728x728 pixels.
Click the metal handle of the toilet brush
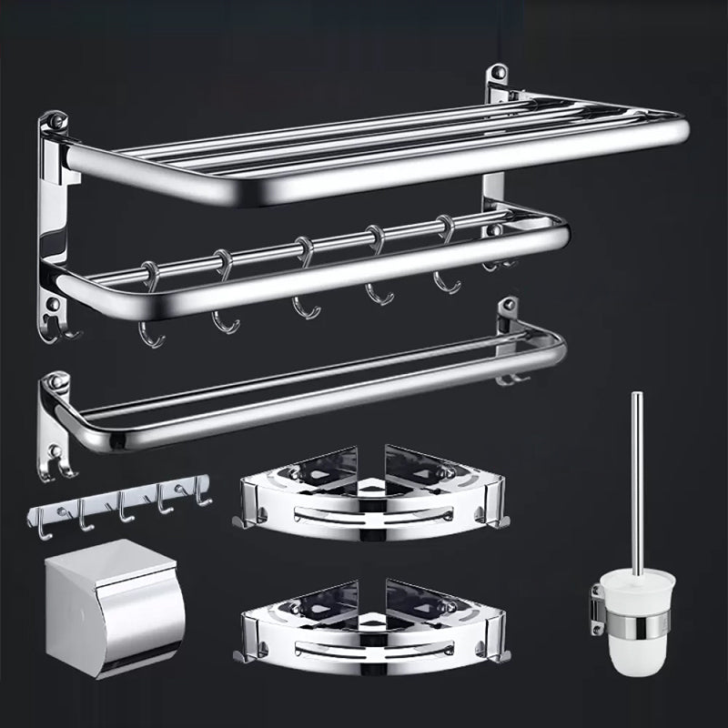point(637,473)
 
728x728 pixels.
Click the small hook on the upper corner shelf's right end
point(497,521)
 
